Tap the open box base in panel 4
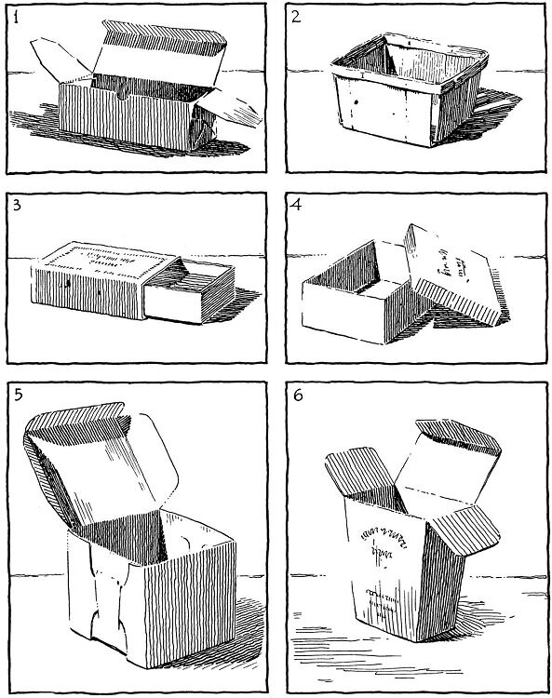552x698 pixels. pyautogui.click(x=354, y=298)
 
